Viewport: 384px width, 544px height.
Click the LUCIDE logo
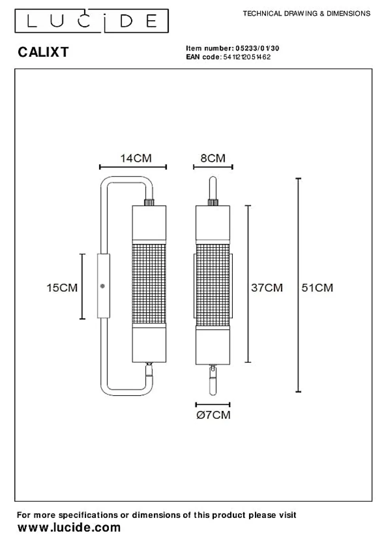91,21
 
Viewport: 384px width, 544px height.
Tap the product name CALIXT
43,52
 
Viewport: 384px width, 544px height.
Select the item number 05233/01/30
257,48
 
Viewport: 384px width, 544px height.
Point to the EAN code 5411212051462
247,57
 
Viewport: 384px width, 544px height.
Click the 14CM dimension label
136,158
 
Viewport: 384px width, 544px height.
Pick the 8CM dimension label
213,158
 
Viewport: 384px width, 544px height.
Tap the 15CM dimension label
62,288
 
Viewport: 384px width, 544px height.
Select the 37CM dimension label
267,288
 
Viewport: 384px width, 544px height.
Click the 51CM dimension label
317,288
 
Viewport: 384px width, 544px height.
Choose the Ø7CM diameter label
213,415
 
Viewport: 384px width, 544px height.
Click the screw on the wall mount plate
103,286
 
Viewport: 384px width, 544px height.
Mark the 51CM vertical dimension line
298,285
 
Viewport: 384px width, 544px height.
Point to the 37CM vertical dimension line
248,284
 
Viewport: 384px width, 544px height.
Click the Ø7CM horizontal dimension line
213,405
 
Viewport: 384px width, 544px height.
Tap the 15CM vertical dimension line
82,286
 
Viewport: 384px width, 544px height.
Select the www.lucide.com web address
69,528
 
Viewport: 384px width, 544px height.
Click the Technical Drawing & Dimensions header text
306,13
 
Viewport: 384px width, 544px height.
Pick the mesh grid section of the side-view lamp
148,284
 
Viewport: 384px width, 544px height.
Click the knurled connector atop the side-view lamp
149,202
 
